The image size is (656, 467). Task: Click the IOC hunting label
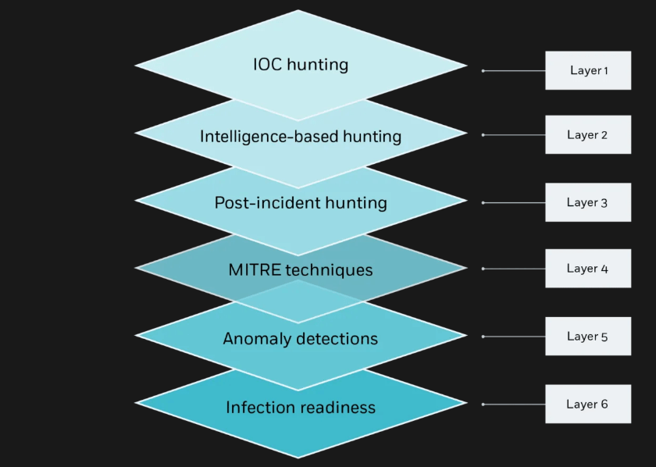[301, 64]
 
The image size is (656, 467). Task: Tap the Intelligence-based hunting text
[301, 137]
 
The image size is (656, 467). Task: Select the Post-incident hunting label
[301, 203]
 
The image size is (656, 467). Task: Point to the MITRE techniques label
[301, 270]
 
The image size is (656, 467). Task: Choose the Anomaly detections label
[301, 339]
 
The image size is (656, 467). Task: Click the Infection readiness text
[301, 408]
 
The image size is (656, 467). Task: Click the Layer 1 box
[588, 70]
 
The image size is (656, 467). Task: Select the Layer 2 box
[588, 135]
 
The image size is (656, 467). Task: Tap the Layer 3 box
[588, 202]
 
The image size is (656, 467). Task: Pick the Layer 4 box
[588, 269]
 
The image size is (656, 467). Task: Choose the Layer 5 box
[588, 337]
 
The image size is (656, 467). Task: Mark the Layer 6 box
[588, 405]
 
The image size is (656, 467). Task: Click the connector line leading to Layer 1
[515, 70]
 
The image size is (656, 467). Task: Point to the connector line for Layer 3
[515, 202]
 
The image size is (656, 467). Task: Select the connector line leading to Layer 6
[515, 405]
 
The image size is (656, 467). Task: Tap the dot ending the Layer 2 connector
[483, 135]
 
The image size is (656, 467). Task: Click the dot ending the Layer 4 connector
[483, 269]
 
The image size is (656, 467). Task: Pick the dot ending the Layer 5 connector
[483, 337]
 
